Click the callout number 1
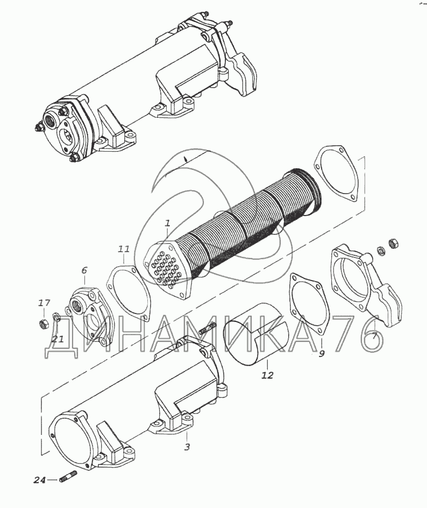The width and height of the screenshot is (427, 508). click(x=167, y=223)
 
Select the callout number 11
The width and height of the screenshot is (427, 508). click(x=124, y=249)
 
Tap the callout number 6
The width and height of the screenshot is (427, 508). click(x=84, y=270)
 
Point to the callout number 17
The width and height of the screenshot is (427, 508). click(x=44, y=303)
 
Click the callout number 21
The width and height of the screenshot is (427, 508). click(x=59, y=339)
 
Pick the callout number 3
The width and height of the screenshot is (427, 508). click(x=187, y=447)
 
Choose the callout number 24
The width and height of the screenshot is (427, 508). click(x=40, y=481)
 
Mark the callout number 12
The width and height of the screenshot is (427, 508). click(x=268, y=375)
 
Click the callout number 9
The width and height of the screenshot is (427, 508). click(x=321, y=354)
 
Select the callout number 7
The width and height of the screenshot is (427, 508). click(x=374, y=336)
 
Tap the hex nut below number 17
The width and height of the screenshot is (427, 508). click(x=43, y=323)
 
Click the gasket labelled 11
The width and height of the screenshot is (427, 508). click(x=109, y=285)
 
